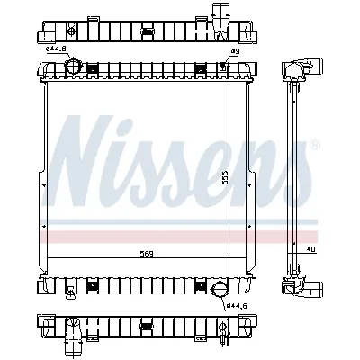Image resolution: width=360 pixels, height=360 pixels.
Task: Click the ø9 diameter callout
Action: point(235,53)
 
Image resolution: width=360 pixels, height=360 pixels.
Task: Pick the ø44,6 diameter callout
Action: point(237,306)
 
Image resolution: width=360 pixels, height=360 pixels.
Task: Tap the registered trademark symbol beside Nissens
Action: point(313,143)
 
